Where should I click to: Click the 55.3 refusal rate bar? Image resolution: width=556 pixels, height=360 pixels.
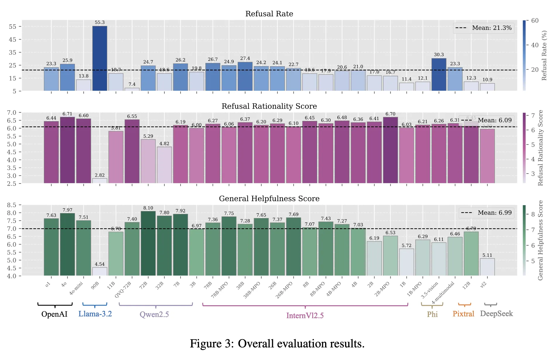99,58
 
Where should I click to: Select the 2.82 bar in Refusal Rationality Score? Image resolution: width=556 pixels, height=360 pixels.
99,181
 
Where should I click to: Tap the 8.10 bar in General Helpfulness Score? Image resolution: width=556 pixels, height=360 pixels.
148,243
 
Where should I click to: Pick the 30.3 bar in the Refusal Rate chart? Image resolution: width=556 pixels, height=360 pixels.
439,74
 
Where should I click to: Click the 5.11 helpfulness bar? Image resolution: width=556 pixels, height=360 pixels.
487,267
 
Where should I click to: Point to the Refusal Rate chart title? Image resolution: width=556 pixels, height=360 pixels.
269,14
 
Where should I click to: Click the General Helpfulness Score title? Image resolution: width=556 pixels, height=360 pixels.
269,199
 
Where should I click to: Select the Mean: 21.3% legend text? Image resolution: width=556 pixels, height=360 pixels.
492,28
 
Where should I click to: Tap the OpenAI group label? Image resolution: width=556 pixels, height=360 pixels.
54,314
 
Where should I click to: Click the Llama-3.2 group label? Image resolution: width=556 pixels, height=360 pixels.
95,314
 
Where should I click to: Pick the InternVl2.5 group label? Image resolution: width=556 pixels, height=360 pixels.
305,316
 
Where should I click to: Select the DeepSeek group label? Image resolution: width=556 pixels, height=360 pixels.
496,314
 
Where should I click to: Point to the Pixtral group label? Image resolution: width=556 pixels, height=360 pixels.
463,314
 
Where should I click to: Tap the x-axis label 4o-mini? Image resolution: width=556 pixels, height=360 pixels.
76,288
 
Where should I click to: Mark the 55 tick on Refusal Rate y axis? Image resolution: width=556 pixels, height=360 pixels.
13,27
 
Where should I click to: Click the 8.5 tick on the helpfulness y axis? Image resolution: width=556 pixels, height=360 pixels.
12,205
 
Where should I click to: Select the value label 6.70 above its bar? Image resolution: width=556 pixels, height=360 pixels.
390,114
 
